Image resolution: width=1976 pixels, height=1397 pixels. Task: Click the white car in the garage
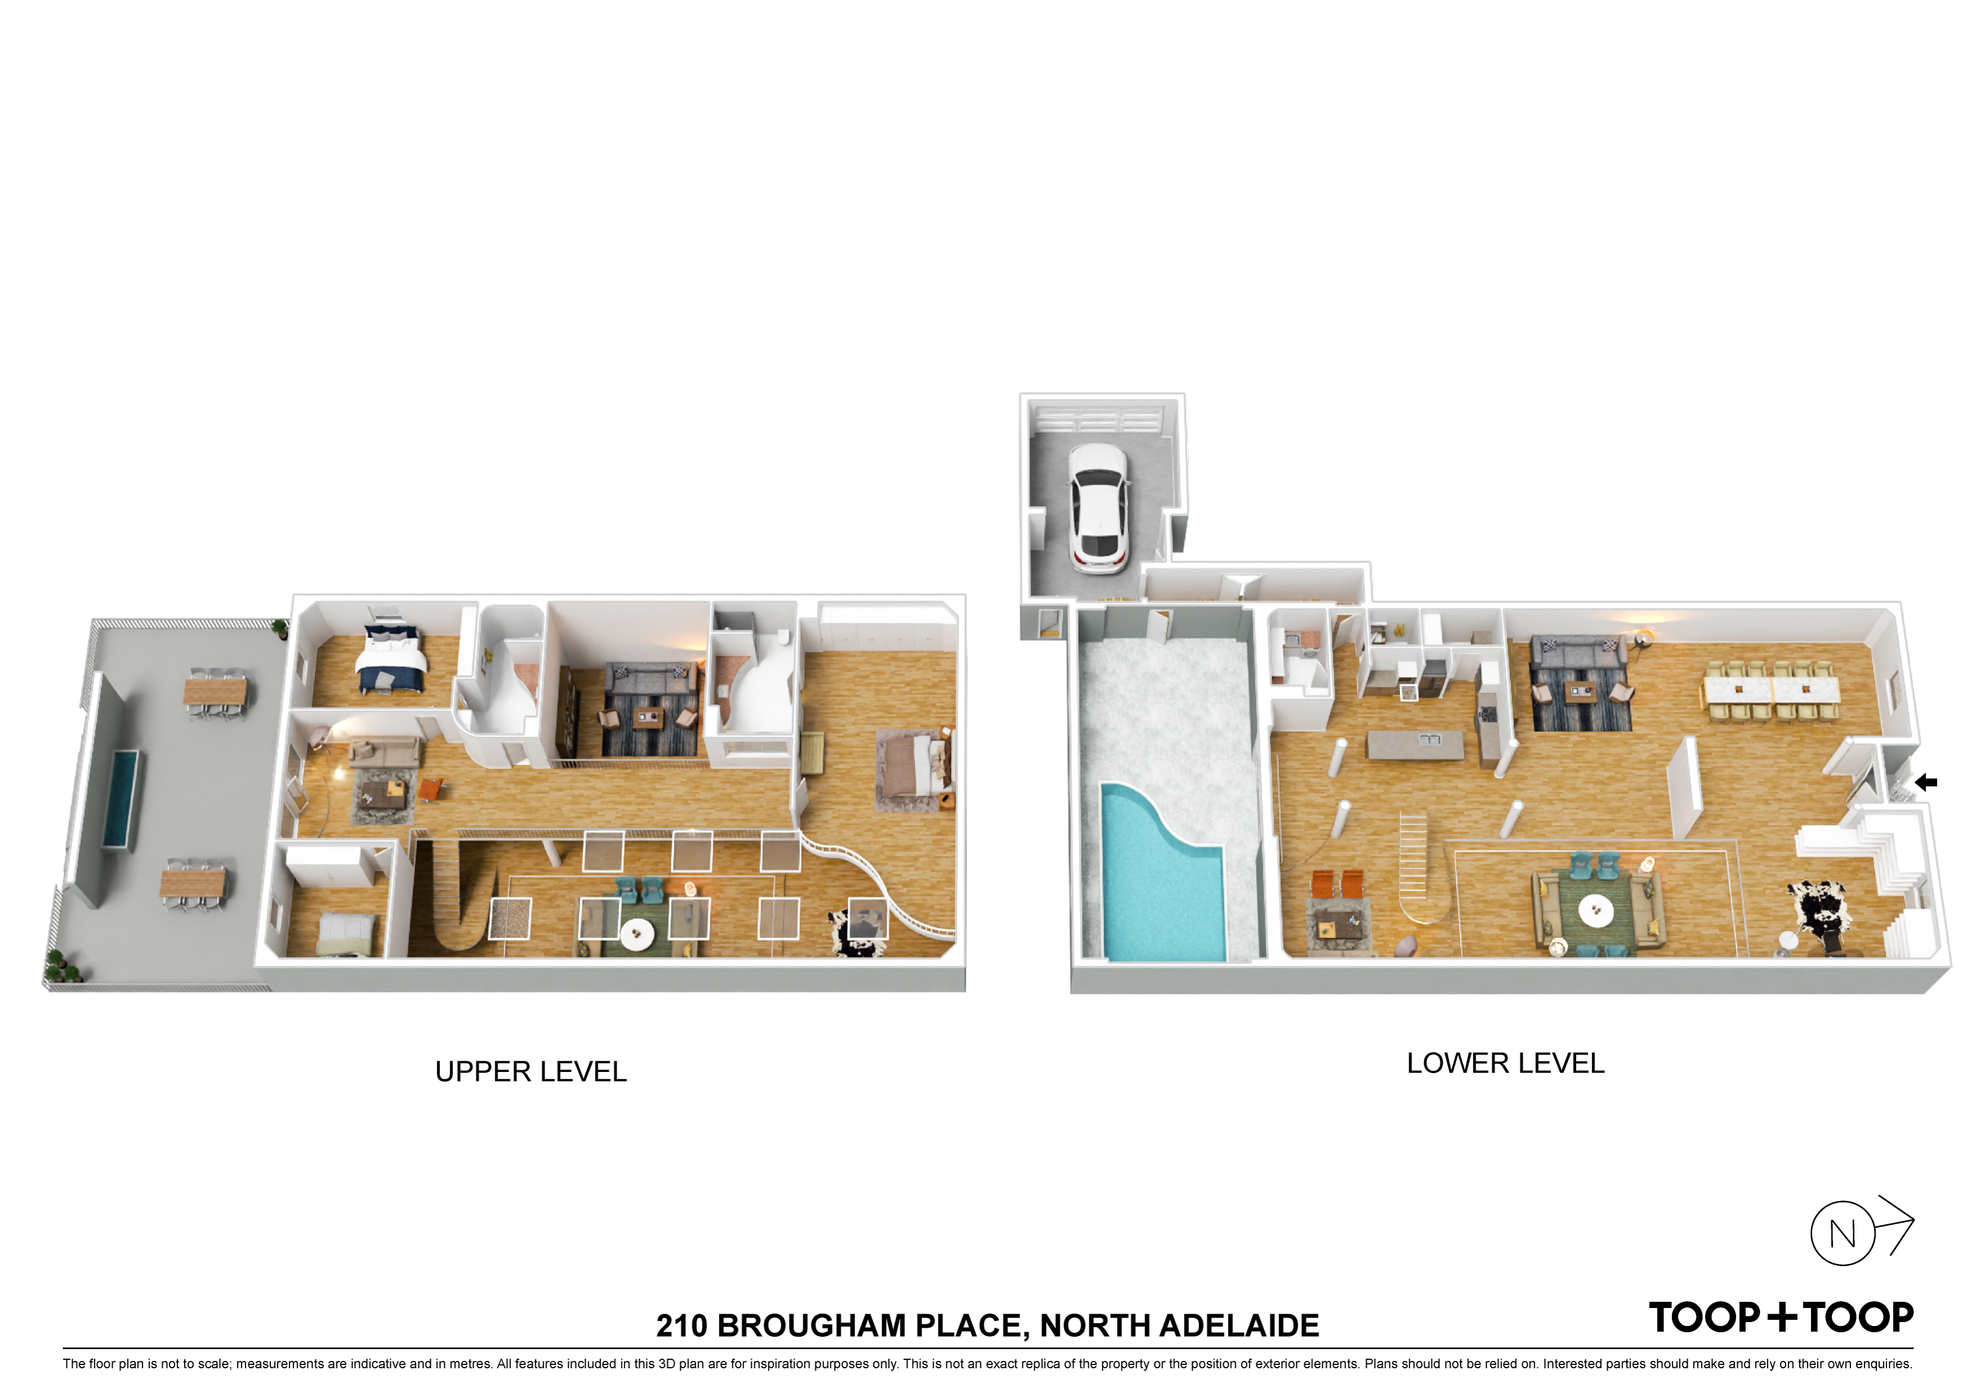pyautogui.click(x=1097, y=508)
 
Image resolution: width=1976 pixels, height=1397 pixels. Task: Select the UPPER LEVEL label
pyautogui.click(x=531, y=1071)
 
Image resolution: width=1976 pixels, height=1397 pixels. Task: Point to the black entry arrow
pyautogui.click(x=1925, y=782)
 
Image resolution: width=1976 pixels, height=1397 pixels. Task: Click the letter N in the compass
pyautogui.click(x=1843, y=1234)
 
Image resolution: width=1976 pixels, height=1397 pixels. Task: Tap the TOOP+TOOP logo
pyautogui.click(x=1781, y=1317)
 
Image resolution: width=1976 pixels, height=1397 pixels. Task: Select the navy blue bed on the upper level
pyautogui.click(x=393, y=659)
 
